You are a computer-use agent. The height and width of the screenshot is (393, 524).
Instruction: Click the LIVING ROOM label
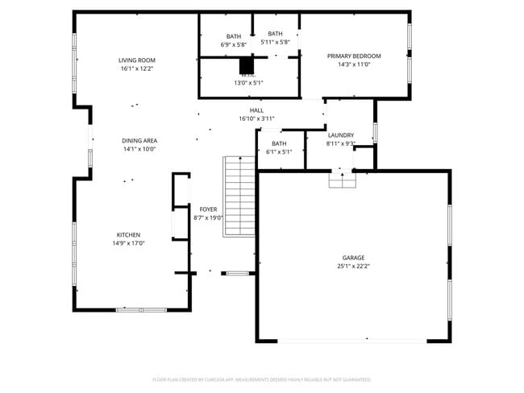(x=136, y=60)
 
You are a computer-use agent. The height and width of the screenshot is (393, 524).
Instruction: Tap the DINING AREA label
(x=139, y=140)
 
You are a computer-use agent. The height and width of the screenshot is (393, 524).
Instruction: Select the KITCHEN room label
(x=128, y=234)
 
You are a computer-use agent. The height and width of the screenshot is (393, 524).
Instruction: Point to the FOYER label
(x=208, y=209)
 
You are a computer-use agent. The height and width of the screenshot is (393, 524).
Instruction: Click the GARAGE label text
(x=353, y=258)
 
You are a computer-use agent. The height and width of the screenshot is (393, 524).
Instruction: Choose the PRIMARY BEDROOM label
(x=353, y=56)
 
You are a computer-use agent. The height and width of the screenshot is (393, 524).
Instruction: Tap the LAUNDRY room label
(x=340, y=135)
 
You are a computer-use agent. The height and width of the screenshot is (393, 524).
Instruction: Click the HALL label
(x=256, y=110)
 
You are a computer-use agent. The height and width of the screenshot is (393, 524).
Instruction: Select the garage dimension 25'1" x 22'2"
(x=353, y=267)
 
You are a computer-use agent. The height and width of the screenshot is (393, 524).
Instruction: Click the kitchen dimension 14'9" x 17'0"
(x=128, y=243)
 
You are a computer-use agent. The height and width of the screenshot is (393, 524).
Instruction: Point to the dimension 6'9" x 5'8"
(x=233, y=44)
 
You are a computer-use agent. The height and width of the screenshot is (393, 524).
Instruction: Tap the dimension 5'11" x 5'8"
(x=275, y=42)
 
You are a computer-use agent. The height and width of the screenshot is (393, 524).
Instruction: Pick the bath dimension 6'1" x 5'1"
(x=279, y=151)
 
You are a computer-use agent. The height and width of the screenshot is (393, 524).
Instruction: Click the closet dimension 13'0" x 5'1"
(x=248, y=82)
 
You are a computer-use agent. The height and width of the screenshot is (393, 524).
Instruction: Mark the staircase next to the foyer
(x=239, y=196)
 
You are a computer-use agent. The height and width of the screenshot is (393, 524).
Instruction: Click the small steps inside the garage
(x=342, y=180)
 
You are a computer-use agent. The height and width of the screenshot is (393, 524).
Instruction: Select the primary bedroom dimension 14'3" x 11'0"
(x=353, y=64)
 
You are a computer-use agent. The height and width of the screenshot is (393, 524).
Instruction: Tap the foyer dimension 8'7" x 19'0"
(x=208, y=217)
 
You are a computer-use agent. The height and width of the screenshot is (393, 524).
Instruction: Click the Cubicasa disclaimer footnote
(x=261, y=379)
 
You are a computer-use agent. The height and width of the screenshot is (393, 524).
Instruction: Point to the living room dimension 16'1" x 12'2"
(x=136, y=69)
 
